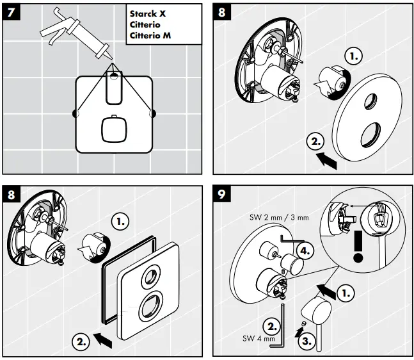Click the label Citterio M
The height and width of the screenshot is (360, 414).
coord(150,35)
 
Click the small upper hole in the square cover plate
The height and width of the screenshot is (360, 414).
coord(152,277)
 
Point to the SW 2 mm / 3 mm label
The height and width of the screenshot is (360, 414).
coord(279,218)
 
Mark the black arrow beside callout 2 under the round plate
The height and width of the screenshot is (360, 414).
coord(327,161)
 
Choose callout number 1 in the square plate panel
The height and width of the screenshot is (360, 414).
coord(120,221)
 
